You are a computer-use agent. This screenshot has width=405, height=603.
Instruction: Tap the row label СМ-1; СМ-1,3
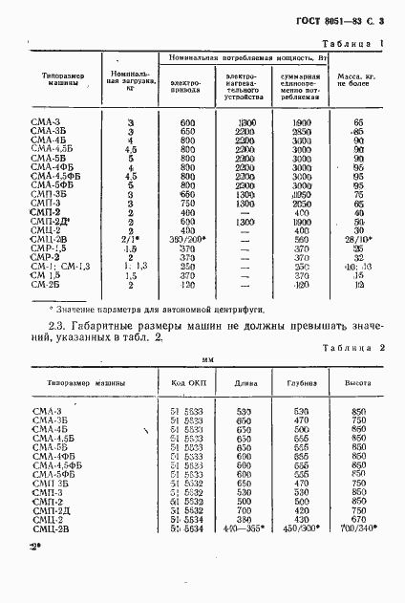(x=58, y=265)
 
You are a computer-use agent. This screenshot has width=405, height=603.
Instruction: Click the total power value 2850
(x=303, y=132)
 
